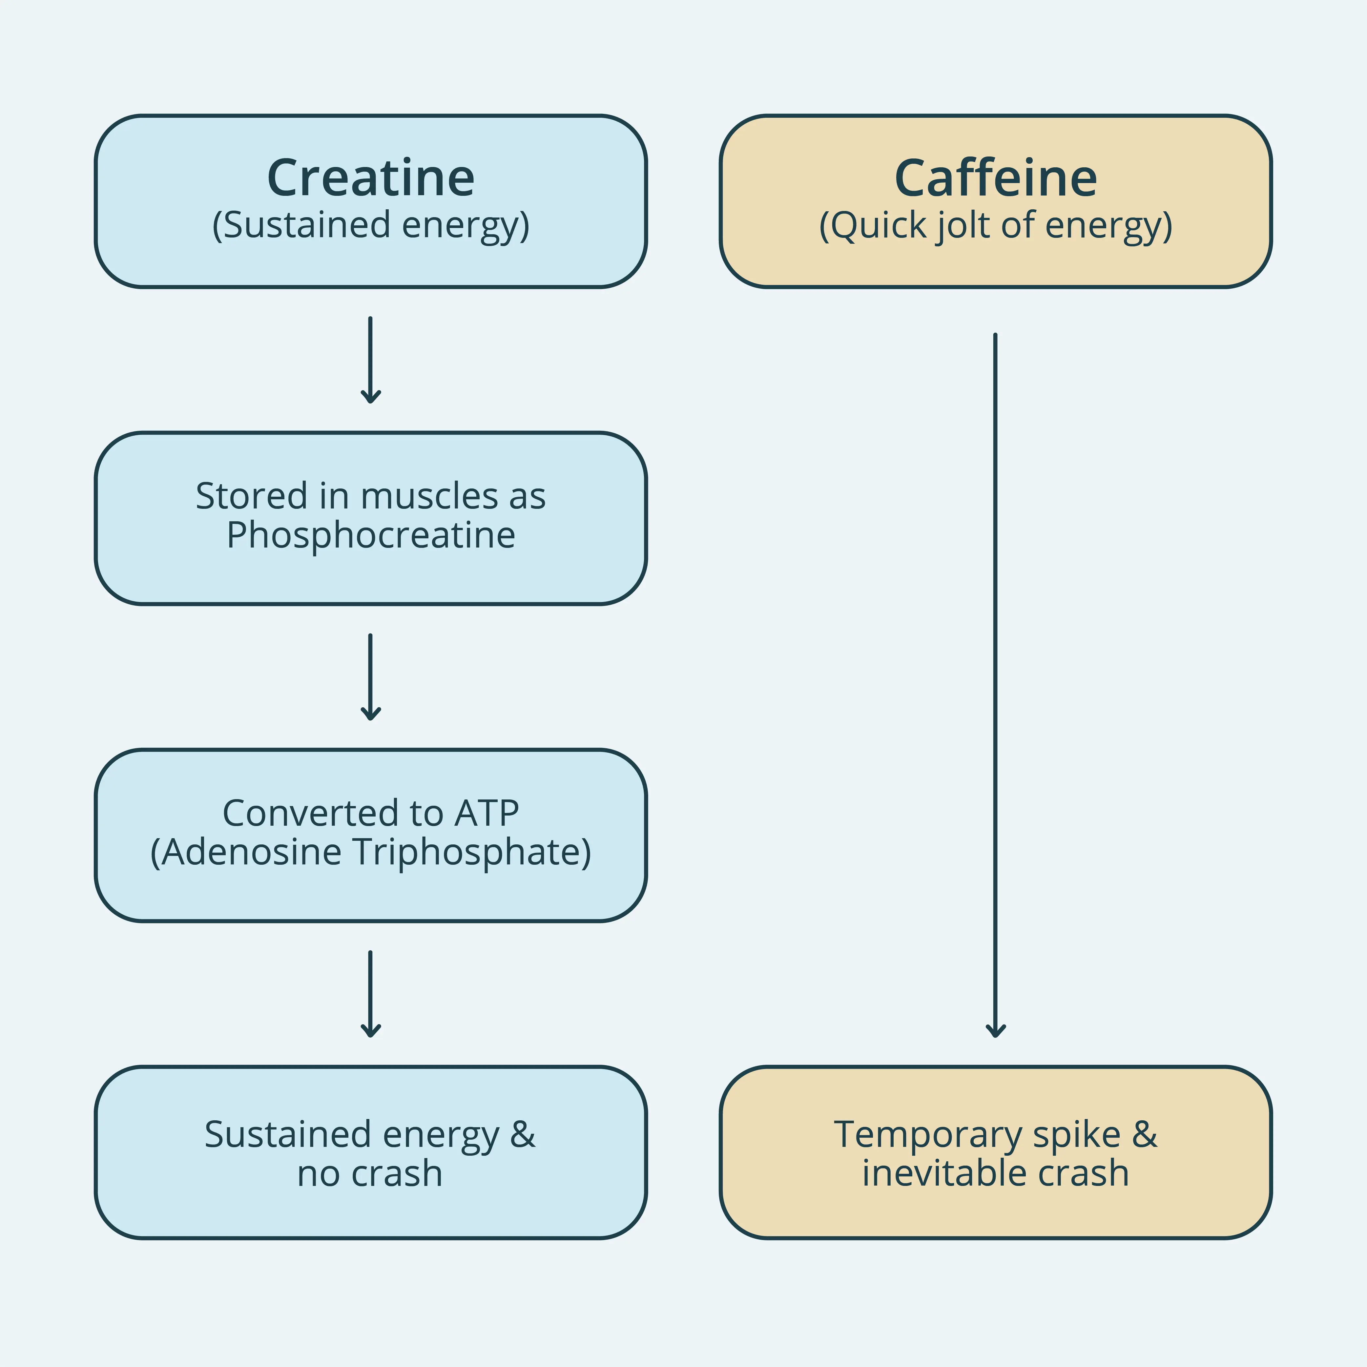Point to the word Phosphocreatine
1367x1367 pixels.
(371, 535)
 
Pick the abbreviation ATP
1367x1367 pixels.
(487, 813)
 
